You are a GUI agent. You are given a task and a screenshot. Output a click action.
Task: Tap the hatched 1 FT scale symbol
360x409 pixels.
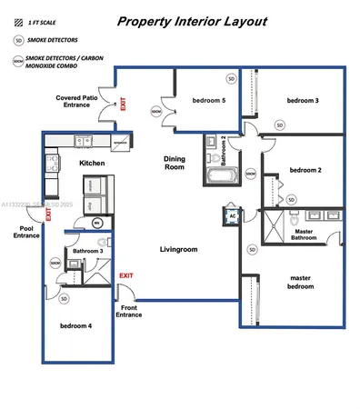coord(19,21)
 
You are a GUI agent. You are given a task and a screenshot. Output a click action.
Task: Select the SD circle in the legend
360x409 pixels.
coord(19,41)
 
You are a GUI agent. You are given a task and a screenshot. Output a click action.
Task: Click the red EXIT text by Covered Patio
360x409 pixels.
coord(122,105)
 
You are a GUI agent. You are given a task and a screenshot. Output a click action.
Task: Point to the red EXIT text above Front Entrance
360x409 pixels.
coord(126,275)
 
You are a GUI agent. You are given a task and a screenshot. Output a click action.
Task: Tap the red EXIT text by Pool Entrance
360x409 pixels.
coord(48,218)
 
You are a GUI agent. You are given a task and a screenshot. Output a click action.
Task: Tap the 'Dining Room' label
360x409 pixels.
coord(174,163)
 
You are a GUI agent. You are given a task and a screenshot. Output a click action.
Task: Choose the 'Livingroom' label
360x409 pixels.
coord(179,249)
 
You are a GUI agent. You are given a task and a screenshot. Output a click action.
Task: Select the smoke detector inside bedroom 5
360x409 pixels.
coord(231,80)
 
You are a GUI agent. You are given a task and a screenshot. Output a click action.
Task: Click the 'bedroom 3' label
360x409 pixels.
coord(303,100)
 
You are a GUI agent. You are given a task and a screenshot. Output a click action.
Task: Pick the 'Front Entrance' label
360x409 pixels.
coord(130,312)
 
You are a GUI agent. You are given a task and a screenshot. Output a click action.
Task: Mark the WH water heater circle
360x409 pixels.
coord(97,222)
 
